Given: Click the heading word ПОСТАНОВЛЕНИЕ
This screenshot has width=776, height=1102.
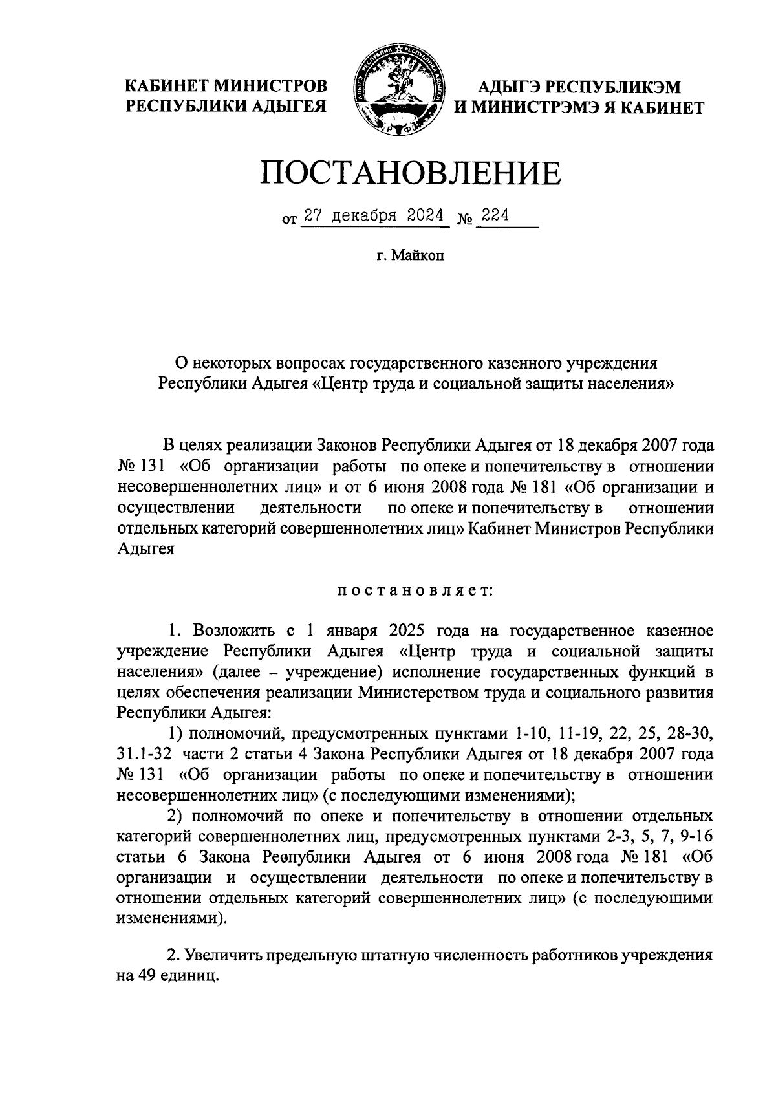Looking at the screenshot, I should tap(411, 173).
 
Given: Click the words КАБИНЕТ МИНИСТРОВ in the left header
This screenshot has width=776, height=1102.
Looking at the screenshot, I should tap(226, 86).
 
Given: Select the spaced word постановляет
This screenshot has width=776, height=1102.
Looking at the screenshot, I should tap(415, 590).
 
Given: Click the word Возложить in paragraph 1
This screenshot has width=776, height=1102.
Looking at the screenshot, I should tap(235, 631).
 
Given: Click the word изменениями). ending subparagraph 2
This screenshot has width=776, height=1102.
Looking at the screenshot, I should tap(172, 918).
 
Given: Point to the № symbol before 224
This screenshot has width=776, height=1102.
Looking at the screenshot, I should tap(464, 219).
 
